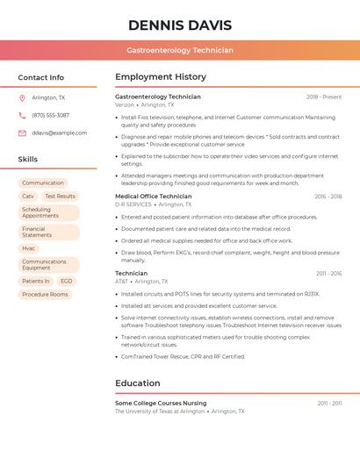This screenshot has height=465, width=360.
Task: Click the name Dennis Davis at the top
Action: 180,25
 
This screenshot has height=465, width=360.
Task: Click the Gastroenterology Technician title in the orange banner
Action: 180,51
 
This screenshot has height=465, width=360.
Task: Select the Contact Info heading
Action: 41,77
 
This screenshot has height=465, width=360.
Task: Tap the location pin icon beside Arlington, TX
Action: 22,98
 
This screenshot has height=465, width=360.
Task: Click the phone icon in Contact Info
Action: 22,116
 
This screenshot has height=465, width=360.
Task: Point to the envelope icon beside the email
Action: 22,133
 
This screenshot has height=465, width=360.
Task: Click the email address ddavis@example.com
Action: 59,133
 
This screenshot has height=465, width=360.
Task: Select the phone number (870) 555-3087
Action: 50,116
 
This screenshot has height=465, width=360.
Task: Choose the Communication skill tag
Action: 43,183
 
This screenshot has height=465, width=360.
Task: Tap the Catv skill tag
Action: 28,197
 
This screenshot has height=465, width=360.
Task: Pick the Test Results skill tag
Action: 61,197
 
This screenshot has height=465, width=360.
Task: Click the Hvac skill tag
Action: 29,248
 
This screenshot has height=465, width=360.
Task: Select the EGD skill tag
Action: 67,282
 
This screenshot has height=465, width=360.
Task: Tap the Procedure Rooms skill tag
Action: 45,295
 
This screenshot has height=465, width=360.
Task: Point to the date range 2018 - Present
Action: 324,97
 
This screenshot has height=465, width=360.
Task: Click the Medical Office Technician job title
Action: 153,197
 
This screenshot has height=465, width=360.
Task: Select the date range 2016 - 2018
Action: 328,197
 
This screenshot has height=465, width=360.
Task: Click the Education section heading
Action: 138,383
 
